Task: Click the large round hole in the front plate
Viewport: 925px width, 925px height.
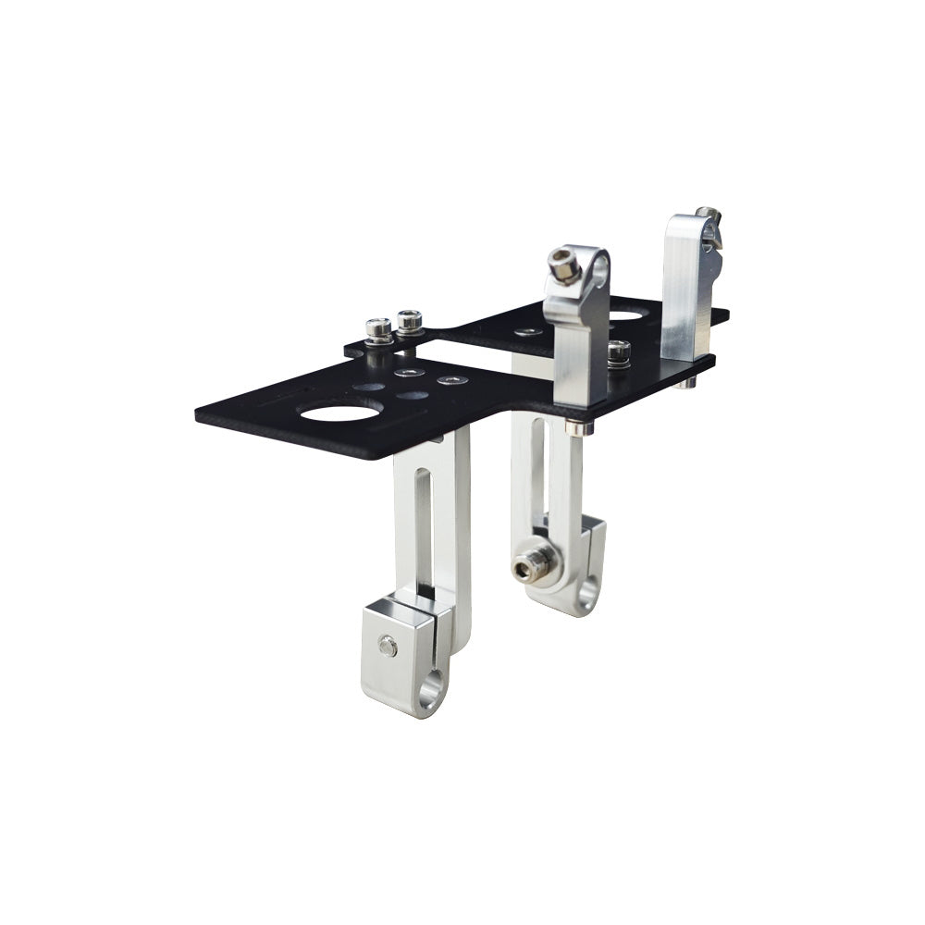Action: (x=339, y=411)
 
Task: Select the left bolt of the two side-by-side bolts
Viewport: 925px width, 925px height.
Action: (x=378, y=327)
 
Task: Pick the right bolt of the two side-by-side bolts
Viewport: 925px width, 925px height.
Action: (x=409, y=321)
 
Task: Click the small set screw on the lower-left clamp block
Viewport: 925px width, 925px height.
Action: (x=388, y=646)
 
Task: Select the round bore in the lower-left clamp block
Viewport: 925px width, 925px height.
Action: (x=431, y=694)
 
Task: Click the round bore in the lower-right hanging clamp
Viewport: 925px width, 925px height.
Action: (x=586, y=592)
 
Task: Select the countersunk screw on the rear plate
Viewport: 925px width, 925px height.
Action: (x=528, y=331)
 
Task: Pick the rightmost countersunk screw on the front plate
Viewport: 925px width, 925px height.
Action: (x=450, y=380)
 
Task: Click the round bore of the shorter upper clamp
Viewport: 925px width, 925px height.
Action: (x=599, y=271)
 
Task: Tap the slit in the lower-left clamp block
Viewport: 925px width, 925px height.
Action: (x=428, y=611)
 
